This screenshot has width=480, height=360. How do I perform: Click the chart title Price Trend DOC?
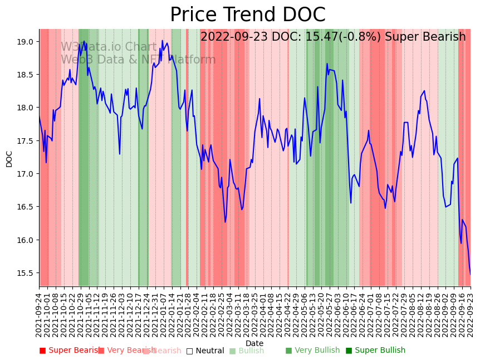tap(247, 15)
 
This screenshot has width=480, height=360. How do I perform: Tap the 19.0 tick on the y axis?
tap(25, 42)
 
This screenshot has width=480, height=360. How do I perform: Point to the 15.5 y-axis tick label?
tap(25, 273)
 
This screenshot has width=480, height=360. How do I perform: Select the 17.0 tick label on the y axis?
tap(25, 174)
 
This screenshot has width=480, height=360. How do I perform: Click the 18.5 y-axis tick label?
tap(25, 75)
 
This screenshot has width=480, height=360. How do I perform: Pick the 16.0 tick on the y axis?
tap(25, 240)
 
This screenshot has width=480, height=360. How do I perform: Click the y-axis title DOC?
tap(9, 158)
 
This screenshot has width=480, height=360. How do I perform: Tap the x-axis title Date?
tap(254, 343)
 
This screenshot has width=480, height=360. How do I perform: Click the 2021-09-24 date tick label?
tap(39, 314)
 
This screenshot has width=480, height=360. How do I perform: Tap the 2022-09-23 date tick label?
tap(471, 314)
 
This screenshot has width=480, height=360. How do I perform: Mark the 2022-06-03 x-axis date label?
tap(338, 314)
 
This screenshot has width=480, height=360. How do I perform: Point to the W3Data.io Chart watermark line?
tap(109, 47)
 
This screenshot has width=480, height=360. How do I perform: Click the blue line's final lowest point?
tap(470, 274)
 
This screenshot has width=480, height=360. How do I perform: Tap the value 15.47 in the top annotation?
tap(322, 37)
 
